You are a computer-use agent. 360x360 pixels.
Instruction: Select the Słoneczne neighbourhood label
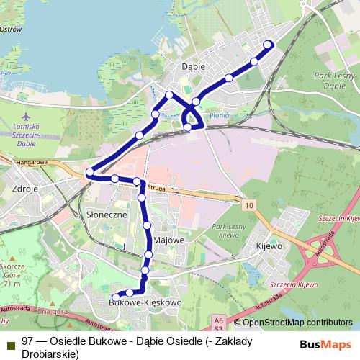pos(106,215)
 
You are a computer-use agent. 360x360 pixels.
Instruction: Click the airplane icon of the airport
pos(27,115)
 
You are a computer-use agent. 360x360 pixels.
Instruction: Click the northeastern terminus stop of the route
pos(269,45)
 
